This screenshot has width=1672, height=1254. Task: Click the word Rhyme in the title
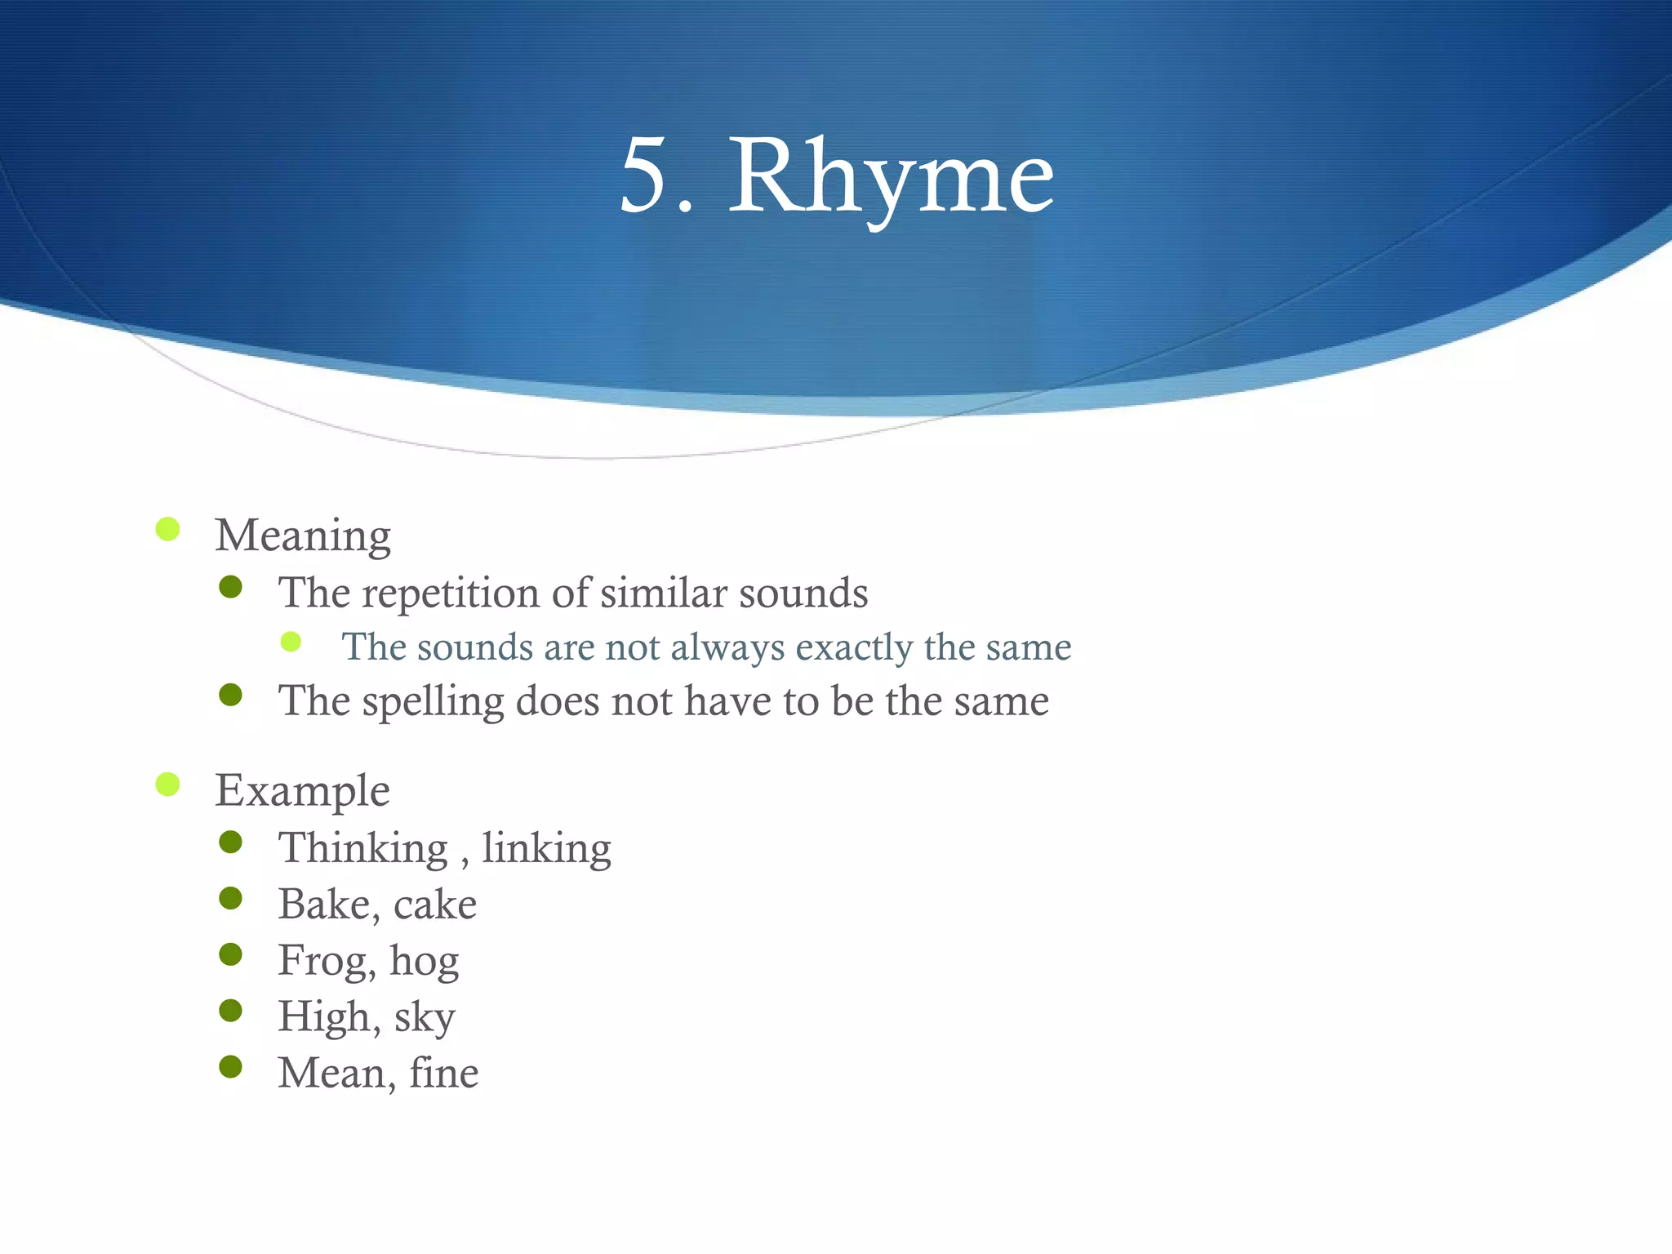(891, 177)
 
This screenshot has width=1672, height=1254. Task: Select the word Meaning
(303, 536)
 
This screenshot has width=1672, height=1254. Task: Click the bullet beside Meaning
(167, 529)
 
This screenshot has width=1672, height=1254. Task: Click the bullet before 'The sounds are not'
(291, 641)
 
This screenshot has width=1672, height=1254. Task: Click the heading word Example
(302, 791)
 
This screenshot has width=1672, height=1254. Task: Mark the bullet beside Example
(167, 785)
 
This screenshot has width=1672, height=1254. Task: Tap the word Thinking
(362, 849)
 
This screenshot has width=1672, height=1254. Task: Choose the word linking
(546, 849)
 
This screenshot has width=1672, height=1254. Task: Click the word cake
(435, 905)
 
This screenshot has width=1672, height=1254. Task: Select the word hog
(424, 961)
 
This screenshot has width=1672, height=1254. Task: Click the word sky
(425, 1017)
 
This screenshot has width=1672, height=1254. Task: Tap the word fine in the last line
(443, 1073)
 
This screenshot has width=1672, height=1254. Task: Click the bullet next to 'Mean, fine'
(231, 1066)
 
